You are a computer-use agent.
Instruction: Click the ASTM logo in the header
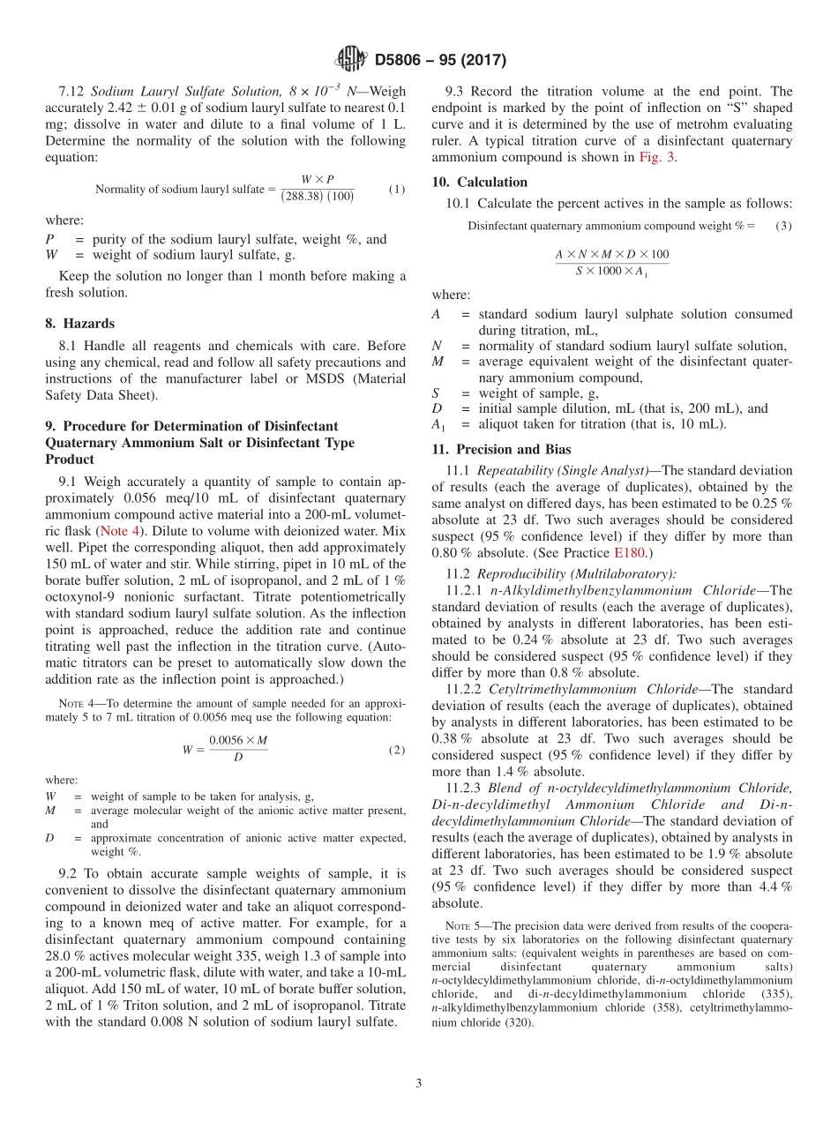(x=350, y=60)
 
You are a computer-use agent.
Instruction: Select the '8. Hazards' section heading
(x=79, y=324)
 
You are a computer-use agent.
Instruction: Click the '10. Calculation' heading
(x=480, y=183)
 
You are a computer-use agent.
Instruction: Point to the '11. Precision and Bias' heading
(x=501, y=449)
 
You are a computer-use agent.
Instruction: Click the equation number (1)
(x=397, y=190)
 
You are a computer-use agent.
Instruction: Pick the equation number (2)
(x=397, y=750)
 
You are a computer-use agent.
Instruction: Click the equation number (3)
(x=783, y=226)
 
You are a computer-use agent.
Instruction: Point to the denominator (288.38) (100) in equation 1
(x=318, y=197)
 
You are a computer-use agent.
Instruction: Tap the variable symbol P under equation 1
(x=49, y=240)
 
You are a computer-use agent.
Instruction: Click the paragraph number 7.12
(x=72, y=92)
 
